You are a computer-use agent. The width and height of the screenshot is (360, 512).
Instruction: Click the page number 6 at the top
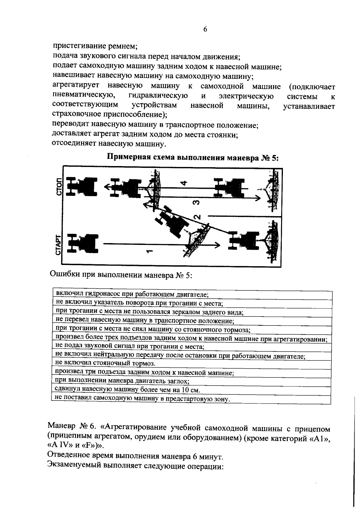tap(205, 29)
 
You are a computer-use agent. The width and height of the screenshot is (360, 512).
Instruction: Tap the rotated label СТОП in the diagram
tap(59, 186)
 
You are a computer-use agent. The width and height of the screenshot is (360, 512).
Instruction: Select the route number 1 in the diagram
tap(149, 250)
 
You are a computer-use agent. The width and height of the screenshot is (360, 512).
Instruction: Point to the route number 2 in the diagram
tap(197, 217)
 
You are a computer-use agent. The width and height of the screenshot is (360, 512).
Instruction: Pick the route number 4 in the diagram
tap(184, 183)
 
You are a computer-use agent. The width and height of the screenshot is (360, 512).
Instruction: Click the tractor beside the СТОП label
tap(80, 187)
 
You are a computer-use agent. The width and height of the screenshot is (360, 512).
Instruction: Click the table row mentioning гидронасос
tap(132, 295)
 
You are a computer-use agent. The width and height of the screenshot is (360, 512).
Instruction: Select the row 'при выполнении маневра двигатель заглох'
tap(122, 381)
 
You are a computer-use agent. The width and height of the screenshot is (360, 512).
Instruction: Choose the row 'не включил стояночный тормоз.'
tap(106, 364)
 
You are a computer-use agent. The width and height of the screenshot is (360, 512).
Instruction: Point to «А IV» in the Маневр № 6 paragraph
tap(59, 445)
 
